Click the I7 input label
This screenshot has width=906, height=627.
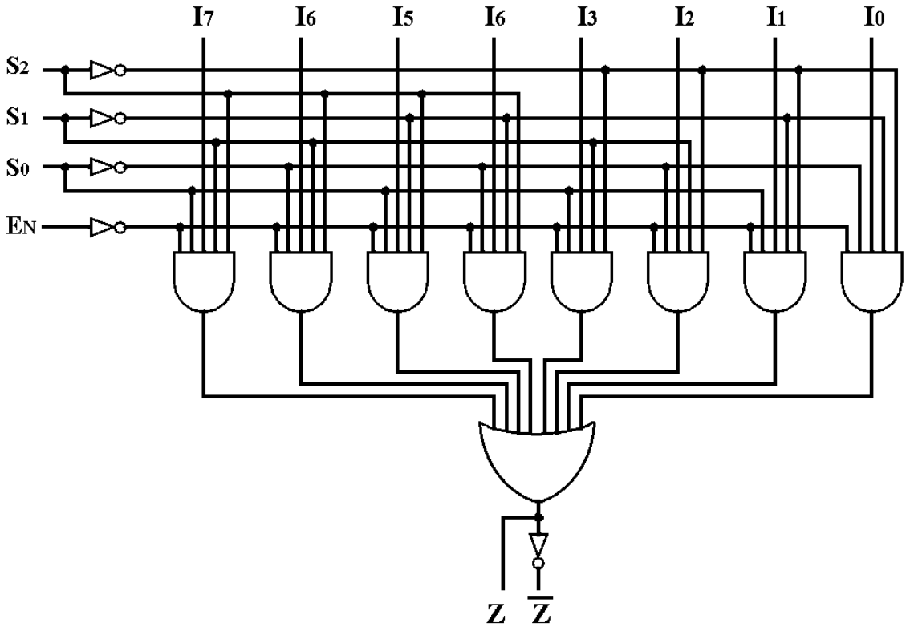click(x=204, y=17)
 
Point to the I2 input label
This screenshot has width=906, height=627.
click(x=684, y=17)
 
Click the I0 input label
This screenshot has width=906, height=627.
click(x=876, y=17)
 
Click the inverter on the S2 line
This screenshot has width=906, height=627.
click(x=107, y=70)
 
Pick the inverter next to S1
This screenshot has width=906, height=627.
click(x=107, y=119)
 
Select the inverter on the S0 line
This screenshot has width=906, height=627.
click(x=107, y=167)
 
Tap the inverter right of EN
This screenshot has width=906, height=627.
click(x=107, y=228)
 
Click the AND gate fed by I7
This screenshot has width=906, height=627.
click(x=204, y=281)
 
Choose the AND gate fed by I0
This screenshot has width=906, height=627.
click(x=871, y=281)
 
